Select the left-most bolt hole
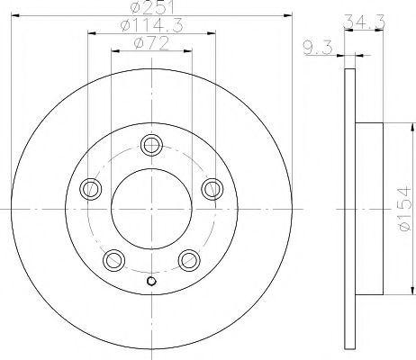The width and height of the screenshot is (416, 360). click(89, 189)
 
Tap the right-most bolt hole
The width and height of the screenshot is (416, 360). click(212, 188)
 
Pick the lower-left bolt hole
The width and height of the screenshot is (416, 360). click(113, 261)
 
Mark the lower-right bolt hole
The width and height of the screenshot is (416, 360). click(188, 261)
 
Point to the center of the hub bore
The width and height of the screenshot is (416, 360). click(150, 209)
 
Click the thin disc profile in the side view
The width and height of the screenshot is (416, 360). click(348, 209)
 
